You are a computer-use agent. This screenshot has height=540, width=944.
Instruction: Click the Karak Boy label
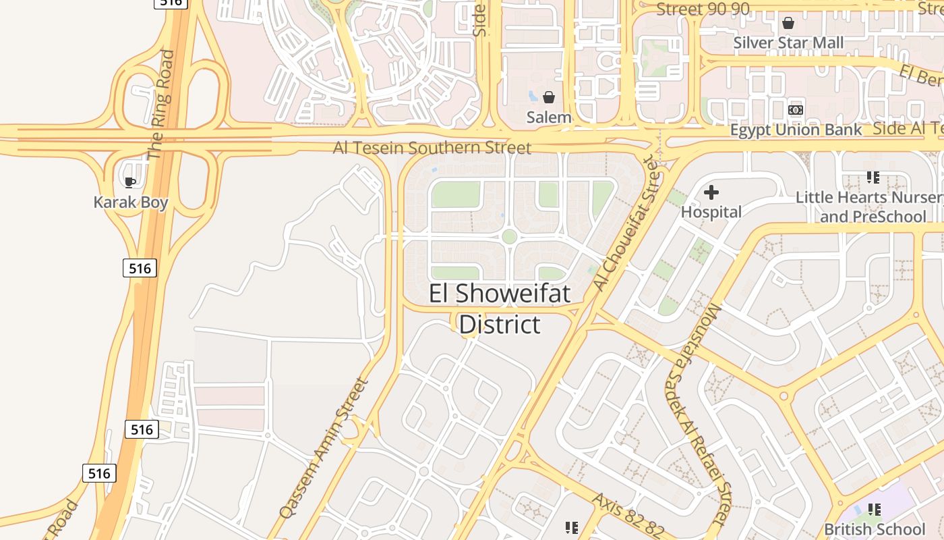[x=130, y=202]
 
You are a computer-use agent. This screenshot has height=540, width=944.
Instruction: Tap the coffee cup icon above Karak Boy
[x=130, y=182]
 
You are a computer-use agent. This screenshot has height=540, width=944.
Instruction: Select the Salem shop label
[x=549, y=117]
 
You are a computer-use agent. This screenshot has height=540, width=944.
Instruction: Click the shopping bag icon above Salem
[x=549, y=97]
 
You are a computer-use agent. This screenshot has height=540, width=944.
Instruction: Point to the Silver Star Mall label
[x=788, y=43]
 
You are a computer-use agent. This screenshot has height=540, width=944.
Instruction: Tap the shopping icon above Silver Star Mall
[x=788, y=24]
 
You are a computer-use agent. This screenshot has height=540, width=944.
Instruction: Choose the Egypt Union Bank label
[x=796, y=130]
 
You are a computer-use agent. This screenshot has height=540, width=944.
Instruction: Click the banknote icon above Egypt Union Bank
[x=796, y=109]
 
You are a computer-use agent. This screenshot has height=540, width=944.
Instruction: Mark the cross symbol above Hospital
[x=711, y=193]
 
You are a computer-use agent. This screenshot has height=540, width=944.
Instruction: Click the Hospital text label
[x=711, y=212]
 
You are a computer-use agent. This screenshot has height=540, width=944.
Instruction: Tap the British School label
[x=875, y=529]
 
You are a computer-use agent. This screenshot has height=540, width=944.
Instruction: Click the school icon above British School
[x=875, y=510]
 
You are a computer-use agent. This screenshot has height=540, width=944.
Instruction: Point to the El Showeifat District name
[x=500, y=309]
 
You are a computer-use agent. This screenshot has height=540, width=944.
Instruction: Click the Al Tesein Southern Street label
[x=432, y=147]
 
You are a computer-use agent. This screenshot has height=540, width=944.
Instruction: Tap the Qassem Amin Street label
[x=324, y=448]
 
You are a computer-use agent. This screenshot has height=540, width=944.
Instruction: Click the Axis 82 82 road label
[x=628, y=515]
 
